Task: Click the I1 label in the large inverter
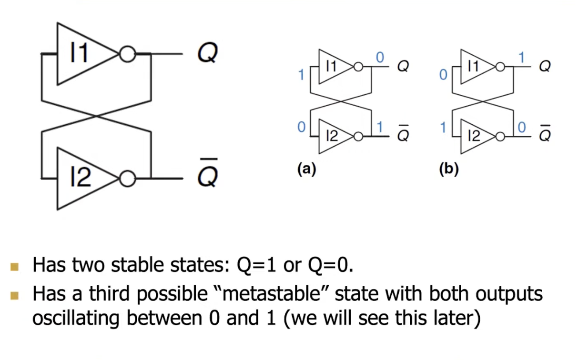tap(79, 52)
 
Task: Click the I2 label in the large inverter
tap(80, 178)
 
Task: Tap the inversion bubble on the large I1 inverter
tap(127, 54)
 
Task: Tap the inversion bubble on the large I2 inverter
tap(127, 179)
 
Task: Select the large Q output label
tap(208, 53)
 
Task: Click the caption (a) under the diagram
tap(306, 169)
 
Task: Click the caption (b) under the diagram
tap(449, 169)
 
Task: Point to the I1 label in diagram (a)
tap(331, 67)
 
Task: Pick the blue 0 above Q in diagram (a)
tap(380, 58)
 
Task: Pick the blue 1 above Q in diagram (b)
tap(522, 58)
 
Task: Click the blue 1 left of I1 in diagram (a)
tap(301, 75)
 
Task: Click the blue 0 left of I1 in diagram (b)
tap(443, 75)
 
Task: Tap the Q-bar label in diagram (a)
tap(403, 135)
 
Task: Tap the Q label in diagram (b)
tap(545, 67)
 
